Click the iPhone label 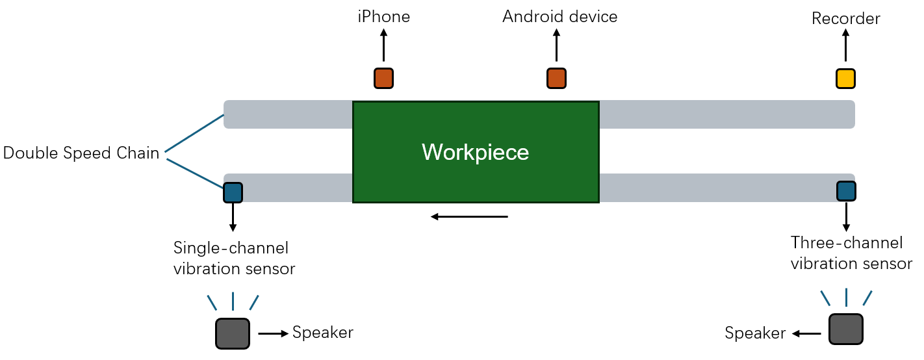tap(383, 17)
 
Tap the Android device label tap(559, 17)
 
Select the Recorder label tap(845, 19)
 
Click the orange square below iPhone tap(383, 78)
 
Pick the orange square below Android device tap(556, 78)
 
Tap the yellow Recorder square tap(845, 79)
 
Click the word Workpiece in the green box tap(475, 152)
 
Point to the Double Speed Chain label tap(81, 153)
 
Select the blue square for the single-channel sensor tap(233, 192)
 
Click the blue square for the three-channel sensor tap(846, 190)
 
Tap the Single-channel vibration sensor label tap(234, 258)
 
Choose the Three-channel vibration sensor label tap(851, 253)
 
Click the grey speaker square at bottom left tap(232, 333)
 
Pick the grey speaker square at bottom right tap(845, 329)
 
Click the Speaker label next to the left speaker tap(322, 333)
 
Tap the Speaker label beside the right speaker tap(755, 334)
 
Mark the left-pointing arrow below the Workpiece tap(469, 216)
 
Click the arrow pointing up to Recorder tap(845, 47)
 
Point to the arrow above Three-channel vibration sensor tap(846, 216)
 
